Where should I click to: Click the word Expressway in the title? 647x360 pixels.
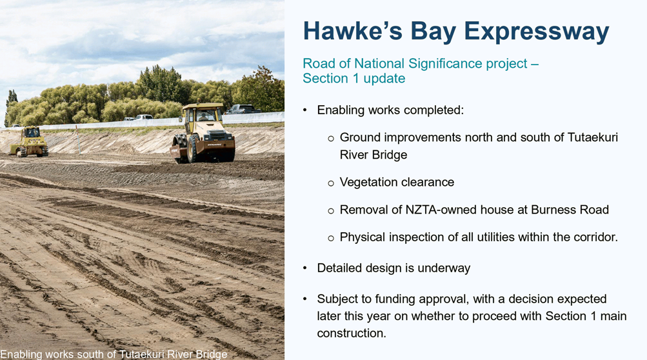(537, 32)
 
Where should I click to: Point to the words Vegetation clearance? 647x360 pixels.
(397, 182)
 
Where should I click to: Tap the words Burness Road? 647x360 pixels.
(570, 210)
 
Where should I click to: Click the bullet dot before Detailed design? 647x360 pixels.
(305, 268)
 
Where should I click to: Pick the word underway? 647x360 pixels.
(444, 268)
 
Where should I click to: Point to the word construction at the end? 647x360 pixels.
(351, 333)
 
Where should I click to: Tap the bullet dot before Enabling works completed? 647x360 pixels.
(305, 110)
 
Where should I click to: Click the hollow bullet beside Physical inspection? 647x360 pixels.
(330, 238)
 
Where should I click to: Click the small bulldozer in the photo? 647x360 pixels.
(29, 141)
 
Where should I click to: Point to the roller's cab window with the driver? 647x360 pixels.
(205, 115)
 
